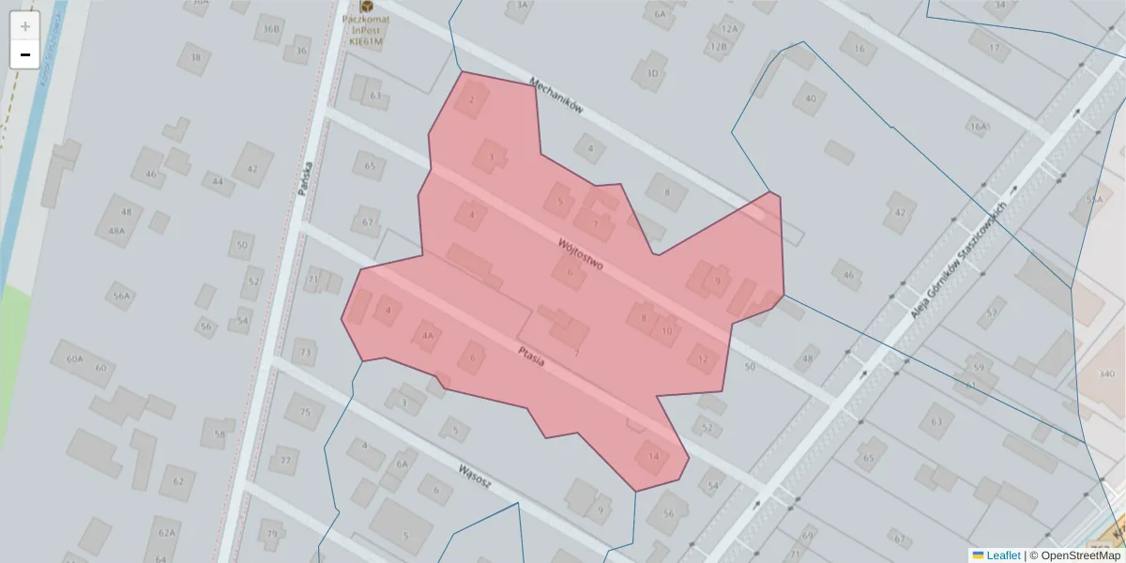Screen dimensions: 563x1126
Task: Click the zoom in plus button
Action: pos(25,26)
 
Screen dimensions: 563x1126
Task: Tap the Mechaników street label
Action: pos(556,96)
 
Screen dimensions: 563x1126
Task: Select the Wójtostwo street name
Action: pos(580,253)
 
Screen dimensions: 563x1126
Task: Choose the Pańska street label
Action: pos(303,178)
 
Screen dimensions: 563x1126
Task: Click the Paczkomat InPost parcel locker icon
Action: pos(365,6)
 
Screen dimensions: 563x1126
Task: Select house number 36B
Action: pos(271,29)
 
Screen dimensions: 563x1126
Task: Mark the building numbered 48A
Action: pos(116,231)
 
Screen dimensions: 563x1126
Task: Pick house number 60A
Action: pos(75,358)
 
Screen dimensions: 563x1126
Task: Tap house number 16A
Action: pos(979,127)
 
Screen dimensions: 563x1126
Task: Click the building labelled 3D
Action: pos(652,73)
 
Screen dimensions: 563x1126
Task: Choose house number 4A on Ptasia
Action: pos(427,336)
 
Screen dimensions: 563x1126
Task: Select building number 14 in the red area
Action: pos(653,457)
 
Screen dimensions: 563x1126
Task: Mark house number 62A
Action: pos(166,533)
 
